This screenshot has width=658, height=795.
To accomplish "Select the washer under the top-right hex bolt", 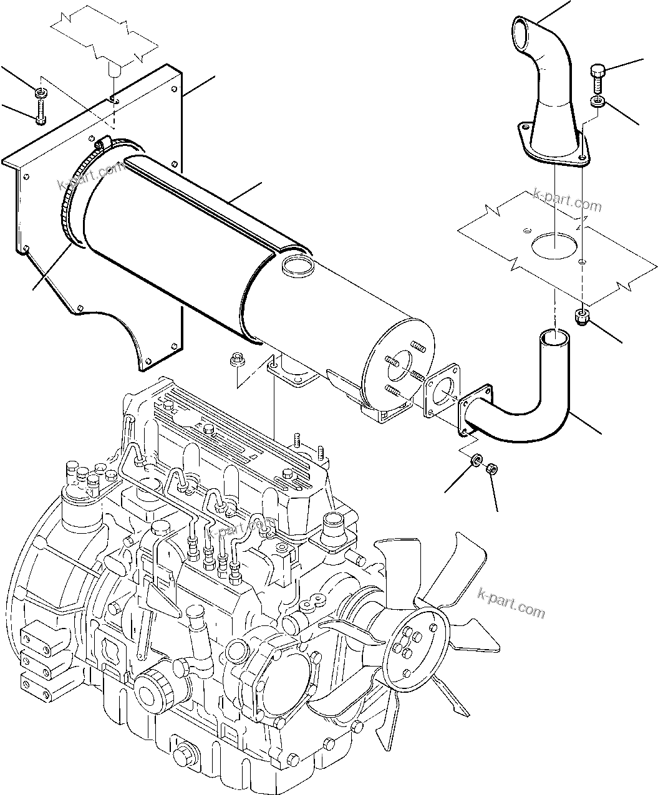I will pos(597,101).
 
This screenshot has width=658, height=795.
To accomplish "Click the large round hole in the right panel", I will pos(553,244).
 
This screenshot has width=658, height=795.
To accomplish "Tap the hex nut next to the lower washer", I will pos(491,466).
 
